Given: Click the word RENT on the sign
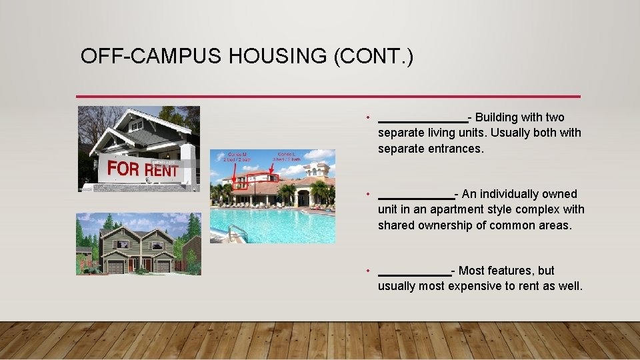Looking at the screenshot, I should tap(163, 171).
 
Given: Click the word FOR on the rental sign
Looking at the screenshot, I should tap(124, 169).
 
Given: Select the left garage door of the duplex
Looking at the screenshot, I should tap(116, 267).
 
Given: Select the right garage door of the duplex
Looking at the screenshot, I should tap(163, 267).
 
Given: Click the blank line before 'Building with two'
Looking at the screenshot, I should tap(423, 120).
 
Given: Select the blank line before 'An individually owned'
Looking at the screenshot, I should tap(416, 197).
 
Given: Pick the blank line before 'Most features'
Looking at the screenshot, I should tap(414, 273).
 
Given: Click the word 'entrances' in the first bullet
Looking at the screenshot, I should tap(456, 149).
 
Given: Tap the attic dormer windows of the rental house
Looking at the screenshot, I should tap(137, 125).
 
